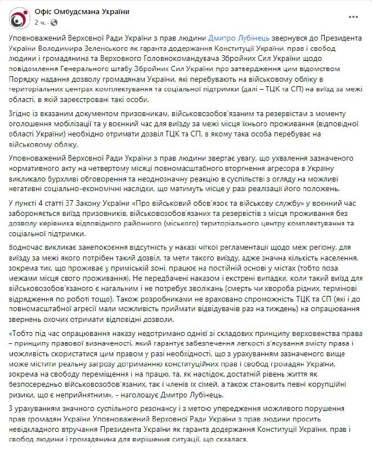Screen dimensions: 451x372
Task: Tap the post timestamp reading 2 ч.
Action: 41,23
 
